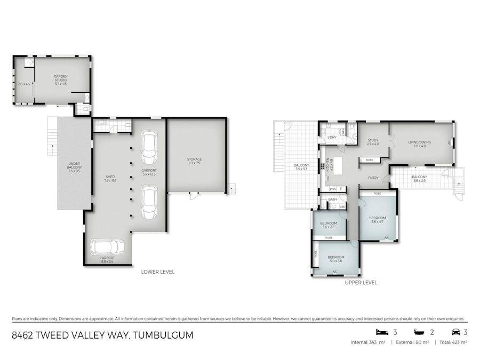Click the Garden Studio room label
click(60, 80)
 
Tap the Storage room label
click(194, 162)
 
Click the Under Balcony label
click(74, 167)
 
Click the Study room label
click(372, 142)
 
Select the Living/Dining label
click(419, 144)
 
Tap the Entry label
click(373, 179)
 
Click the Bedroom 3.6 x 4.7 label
click(378, 220)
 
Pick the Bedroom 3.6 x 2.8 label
click(329, 225)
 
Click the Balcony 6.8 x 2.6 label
click(419, 179)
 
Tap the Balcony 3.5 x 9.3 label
click(301, 167)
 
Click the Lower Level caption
click(157, 272)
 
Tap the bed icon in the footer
click(381, 332)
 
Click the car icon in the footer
click(455, 332)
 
